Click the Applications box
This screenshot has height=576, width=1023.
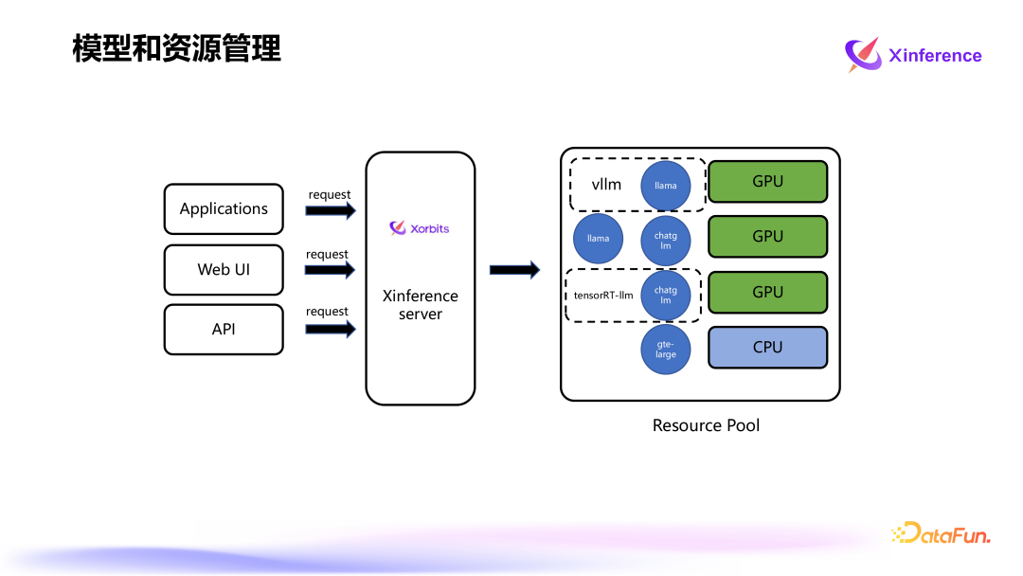click(x=224, y=209)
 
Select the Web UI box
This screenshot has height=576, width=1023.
click(x=224, y=269)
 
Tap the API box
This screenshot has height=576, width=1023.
click(x=224, y=330)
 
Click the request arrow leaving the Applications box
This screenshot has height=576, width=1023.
click(x=330, y=210)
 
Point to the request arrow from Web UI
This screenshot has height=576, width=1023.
click(x=330, y=270)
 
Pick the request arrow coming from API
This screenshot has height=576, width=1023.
click(x=330, y=329)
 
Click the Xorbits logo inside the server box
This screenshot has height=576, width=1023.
click(x=420, y=228)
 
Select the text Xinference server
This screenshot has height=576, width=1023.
click(x=420, y=305)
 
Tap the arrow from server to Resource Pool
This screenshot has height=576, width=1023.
click(x=514, y=270)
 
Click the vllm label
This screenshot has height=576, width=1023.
click(x=606, y=184)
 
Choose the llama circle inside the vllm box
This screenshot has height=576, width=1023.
click(x=666, y=185)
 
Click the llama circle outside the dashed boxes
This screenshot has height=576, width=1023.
click(x=598, y=239)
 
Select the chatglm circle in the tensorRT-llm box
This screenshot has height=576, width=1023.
click(x=666, y=295)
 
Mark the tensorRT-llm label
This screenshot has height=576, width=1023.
click(x=603, y=295)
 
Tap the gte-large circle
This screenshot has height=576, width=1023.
click(x=666, y=350)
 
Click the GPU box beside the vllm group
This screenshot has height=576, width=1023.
click(x=767, y=181)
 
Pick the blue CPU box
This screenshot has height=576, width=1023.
click(x=767, y=348)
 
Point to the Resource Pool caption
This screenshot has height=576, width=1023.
click(x=706, y=425)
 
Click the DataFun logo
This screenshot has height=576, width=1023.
click(x=941, y=534)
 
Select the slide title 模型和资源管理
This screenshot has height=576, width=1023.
click(x=176, y=48)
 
